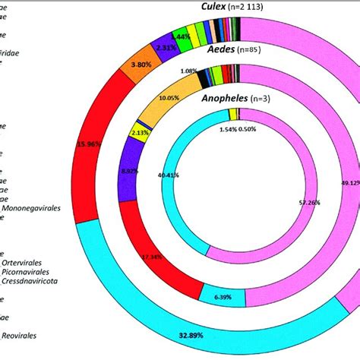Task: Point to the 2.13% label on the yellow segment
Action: click(x=140, y=132)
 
